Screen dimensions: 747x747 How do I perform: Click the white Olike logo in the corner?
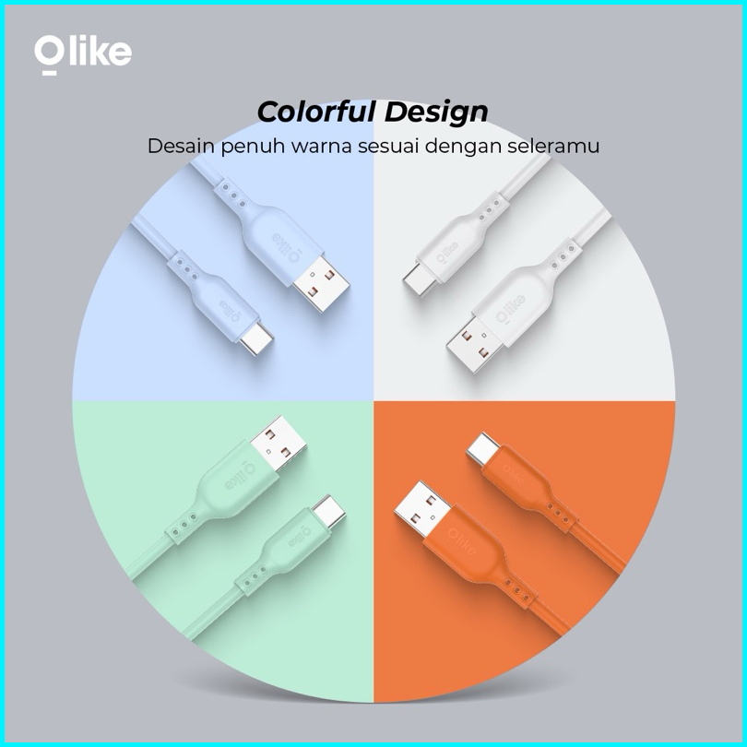(83, 54)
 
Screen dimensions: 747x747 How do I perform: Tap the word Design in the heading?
(436, 113)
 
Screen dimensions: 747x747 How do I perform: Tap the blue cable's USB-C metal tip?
(256, 340)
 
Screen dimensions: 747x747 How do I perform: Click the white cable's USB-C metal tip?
(421, 279)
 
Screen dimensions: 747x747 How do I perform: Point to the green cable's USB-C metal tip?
(328, 512)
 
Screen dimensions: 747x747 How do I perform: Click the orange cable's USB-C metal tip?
(483, 449)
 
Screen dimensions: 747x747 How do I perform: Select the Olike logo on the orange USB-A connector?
(461, 542)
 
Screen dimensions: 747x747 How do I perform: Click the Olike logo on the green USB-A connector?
(239, 475)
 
